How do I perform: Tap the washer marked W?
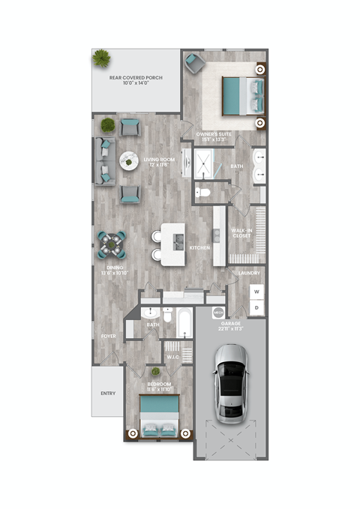point(256,291)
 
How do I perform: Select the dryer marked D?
point(256,307)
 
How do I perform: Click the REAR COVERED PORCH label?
point(136,79)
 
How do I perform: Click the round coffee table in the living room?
point(128,159)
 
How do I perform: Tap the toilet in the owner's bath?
point(202,193)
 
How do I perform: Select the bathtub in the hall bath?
point(182,324)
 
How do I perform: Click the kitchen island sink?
point(178,241)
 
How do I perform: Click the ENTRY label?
point(108,393)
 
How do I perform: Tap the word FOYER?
point(109,337)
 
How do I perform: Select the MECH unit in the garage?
point(218,311)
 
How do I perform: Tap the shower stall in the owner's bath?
point(205,163)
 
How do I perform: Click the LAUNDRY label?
point(249,274)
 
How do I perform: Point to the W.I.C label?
point(171,357)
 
